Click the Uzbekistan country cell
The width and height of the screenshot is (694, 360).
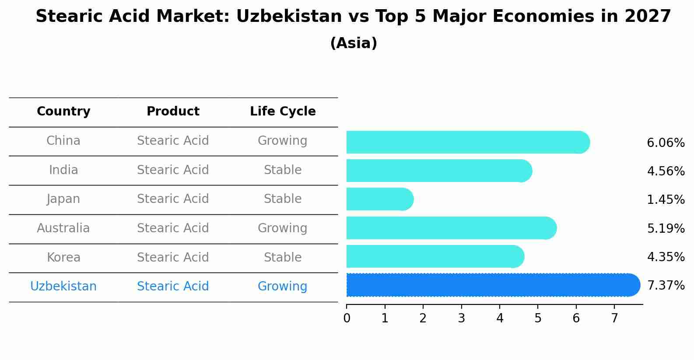point(63,287)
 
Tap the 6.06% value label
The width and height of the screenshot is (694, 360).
point(666,143)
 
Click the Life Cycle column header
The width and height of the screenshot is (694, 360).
point(283,112)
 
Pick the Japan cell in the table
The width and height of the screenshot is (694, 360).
point(63,199)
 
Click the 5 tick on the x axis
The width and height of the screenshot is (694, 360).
point(538,318)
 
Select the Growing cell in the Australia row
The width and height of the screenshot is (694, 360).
point(283,228)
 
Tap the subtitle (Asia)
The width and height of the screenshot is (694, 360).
point(354,43)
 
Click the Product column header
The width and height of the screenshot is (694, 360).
point(173,112)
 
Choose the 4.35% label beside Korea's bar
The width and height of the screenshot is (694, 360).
point(666,257)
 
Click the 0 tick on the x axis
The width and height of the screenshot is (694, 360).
point(347,318)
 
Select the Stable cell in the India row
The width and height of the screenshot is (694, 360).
point(283,170)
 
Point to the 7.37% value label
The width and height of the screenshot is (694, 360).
point(666,286)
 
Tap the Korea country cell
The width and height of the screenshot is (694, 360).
point(63,258)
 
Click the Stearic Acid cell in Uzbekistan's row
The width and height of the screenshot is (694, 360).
point(173,287)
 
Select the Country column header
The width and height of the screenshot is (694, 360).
point(63,112)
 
